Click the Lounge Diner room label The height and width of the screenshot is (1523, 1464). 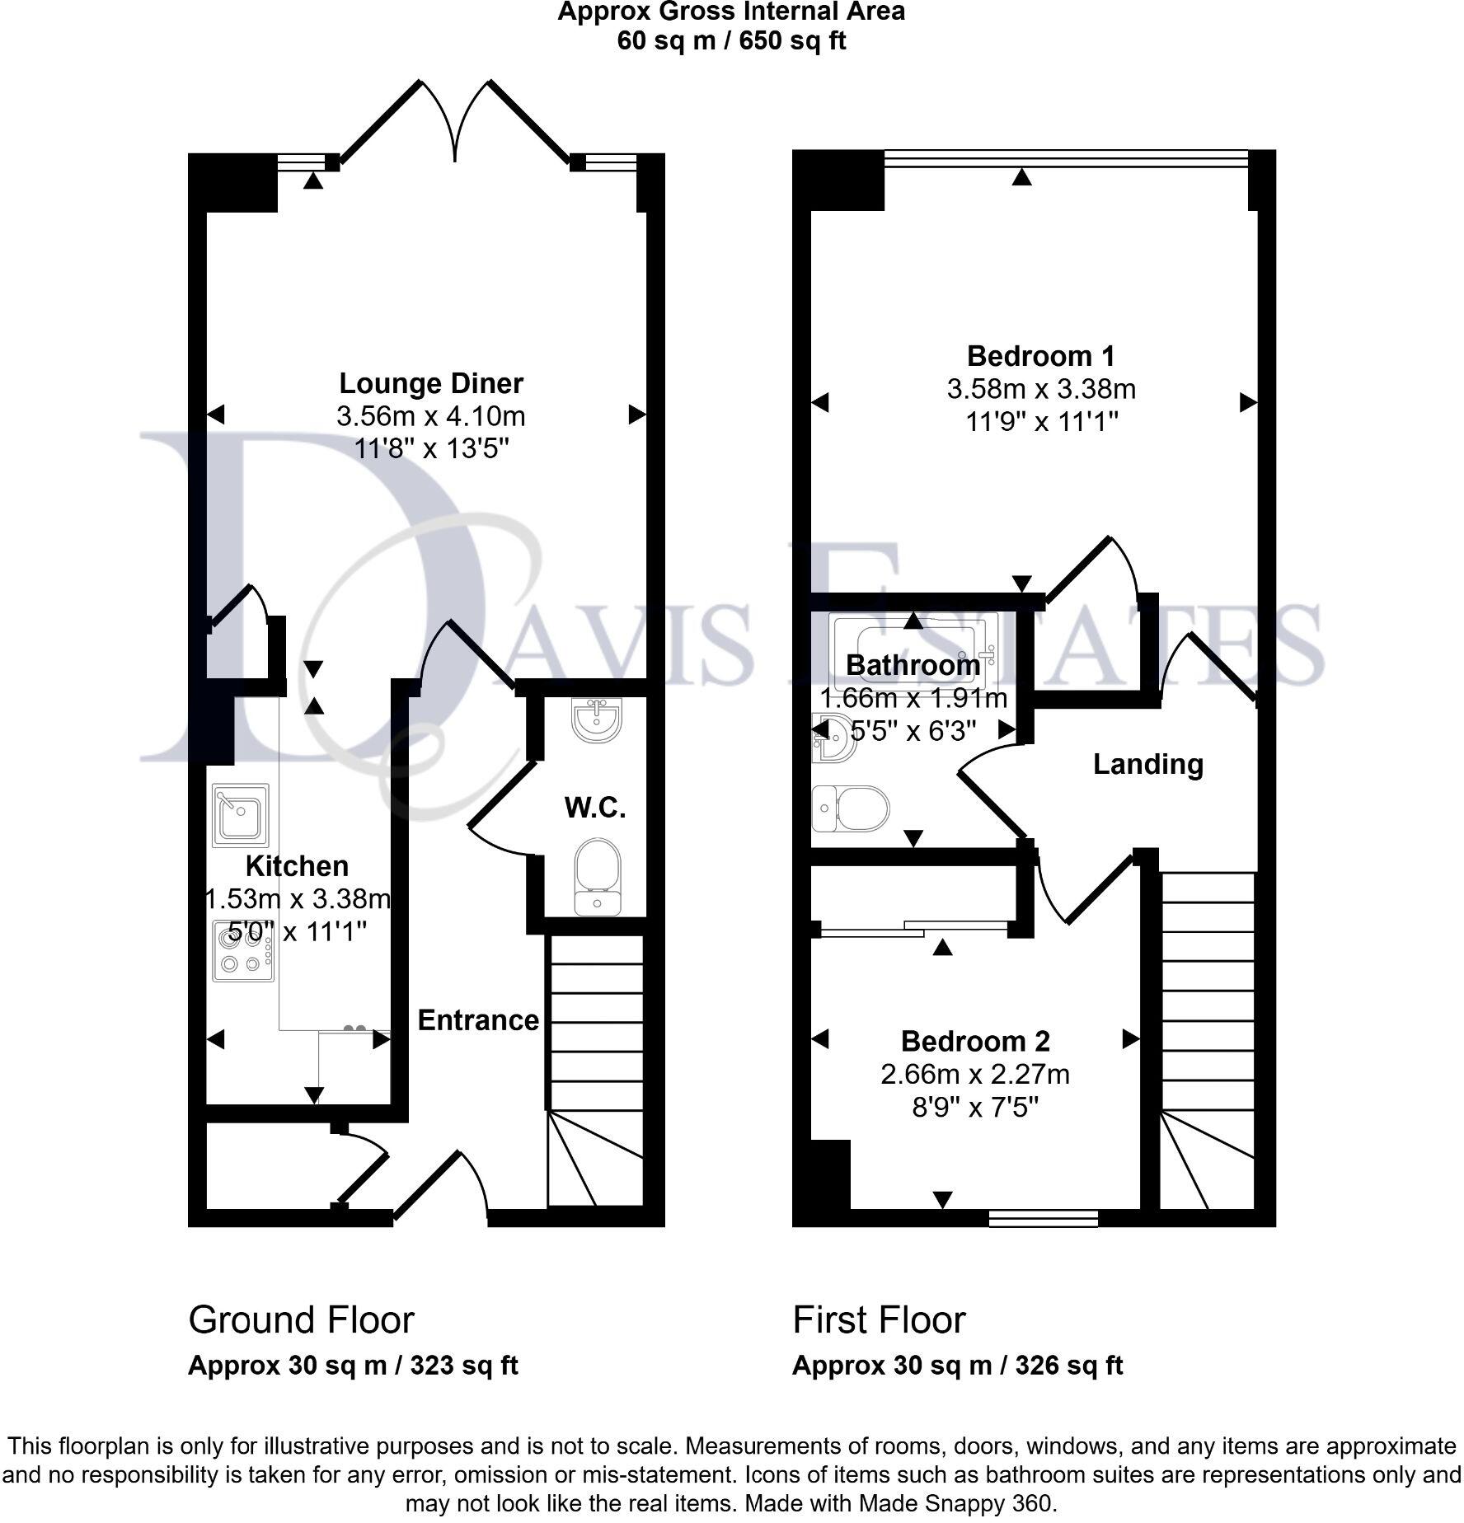tap(430, 384)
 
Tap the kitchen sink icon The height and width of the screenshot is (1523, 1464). tap(241, 815)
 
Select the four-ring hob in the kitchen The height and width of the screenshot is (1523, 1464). tap(243, 951)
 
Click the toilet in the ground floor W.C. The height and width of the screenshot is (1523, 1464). tap(597, 877)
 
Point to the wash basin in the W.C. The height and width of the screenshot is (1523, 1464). tap(596, 719)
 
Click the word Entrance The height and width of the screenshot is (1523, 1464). tap(478, 1020)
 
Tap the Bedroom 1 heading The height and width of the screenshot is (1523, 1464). tap(1040, 356)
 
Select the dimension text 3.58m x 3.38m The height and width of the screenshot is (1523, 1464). tap(1041, 389)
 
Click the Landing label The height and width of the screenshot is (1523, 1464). tap(1147, 764)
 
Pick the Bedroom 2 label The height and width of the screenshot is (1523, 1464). tap(975, 1041)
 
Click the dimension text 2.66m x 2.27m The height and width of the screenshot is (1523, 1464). tap(975, 1075)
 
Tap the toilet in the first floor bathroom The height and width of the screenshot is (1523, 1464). tap(852, 808)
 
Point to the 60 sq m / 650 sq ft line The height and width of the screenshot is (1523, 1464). tap(731, 40)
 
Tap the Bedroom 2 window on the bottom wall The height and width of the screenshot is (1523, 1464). tap(1043, 1218)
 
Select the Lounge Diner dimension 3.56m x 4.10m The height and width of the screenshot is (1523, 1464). tap(430, 416)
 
